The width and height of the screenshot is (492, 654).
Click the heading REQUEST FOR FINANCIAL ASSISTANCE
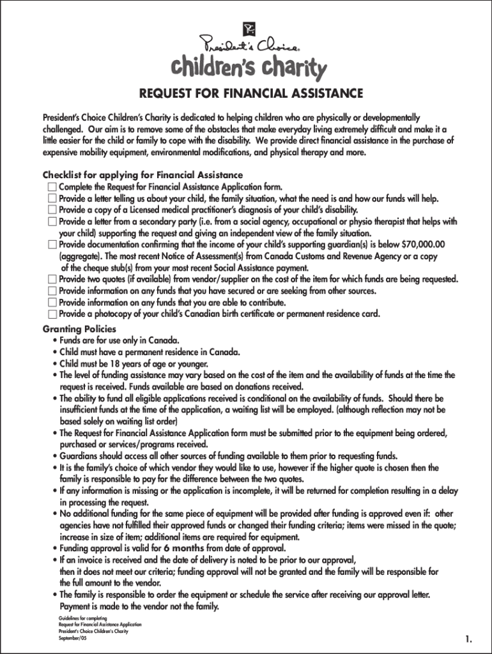251,94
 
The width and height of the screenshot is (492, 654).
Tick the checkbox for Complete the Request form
52,187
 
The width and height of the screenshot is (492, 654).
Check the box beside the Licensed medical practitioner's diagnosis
52,210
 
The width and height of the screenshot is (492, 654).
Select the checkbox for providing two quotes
52,279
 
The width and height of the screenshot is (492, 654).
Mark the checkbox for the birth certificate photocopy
52,314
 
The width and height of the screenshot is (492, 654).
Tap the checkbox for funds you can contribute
52,302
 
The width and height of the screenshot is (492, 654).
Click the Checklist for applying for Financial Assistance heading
142,175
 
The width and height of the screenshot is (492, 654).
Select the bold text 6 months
184,549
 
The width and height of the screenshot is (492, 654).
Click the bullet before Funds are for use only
55,341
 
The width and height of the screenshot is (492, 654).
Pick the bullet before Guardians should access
55,456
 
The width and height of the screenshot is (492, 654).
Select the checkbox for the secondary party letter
52,222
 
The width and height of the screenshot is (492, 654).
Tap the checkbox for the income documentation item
52,245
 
